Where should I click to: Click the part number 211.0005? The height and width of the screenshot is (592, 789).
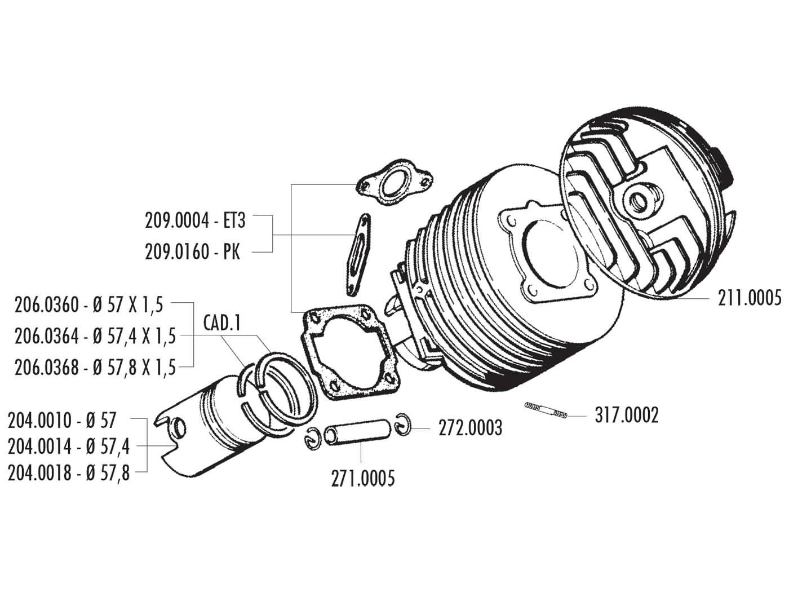click(750, 297)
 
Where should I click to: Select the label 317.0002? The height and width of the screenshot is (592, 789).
click(626, 416)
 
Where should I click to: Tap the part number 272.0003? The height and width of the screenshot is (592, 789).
click(470, 428)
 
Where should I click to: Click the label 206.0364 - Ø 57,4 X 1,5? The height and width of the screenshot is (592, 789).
click(95, 337)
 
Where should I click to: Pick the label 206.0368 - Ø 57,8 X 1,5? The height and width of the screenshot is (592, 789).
click(95, 368)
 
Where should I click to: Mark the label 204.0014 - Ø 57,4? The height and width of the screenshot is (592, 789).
click(69, 446)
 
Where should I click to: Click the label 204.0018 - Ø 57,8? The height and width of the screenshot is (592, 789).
click(69, 472)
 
